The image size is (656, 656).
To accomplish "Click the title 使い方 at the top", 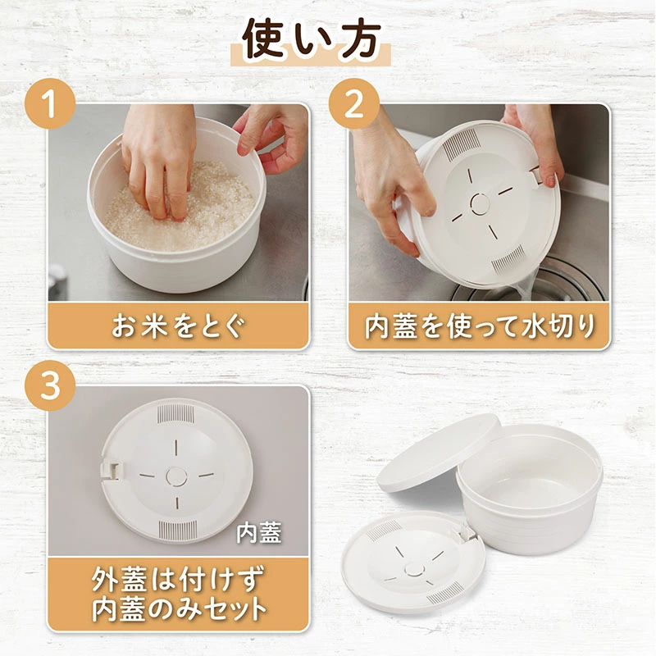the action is pos(312,39).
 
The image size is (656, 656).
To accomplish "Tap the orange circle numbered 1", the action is pos(50,103).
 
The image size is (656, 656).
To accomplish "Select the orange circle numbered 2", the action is pos(354,103).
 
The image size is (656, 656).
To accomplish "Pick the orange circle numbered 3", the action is pos(50,385).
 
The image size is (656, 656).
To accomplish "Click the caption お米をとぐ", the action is pos(177,326).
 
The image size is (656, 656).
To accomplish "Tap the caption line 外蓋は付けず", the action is pos(178,579).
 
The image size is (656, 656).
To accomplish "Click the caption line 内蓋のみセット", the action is pos(179,610).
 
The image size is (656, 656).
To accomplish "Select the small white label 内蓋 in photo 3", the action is pos(258,532).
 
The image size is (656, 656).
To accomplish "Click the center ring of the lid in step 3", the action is pos(176,476).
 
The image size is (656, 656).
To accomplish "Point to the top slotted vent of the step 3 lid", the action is pos(175,413).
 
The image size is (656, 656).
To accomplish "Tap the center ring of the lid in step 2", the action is pos(480,204).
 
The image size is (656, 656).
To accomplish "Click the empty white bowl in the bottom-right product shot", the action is pos(529,491).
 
